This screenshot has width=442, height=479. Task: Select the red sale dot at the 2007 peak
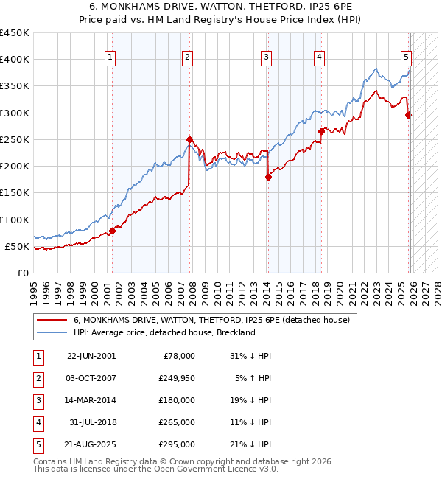pyautogui.click(x=189, y=139)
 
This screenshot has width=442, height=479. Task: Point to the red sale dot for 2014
pyautogui.click(x=268, y=177)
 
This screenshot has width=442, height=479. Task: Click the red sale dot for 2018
pyautogui.click(x=321, y=132)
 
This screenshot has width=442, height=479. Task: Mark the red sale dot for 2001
pyautogui.click(x=113, y=231)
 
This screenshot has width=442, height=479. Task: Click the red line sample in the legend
pyautogui.click(x=52, y=320)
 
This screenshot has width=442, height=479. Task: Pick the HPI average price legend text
pyautogui.click(x=164, y=332)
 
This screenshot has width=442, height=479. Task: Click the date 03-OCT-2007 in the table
pyautogui.click(x=91, y=378)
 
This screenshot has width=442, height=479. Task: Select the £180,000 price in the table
pyautogui.click(x=178, y=400)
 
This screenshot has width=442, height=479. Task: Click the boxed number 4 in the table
pyautogui.click(x=38, y=422)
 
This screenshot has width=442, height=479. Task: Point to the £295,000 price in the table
pyautogui.click(x=178, y=444)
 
